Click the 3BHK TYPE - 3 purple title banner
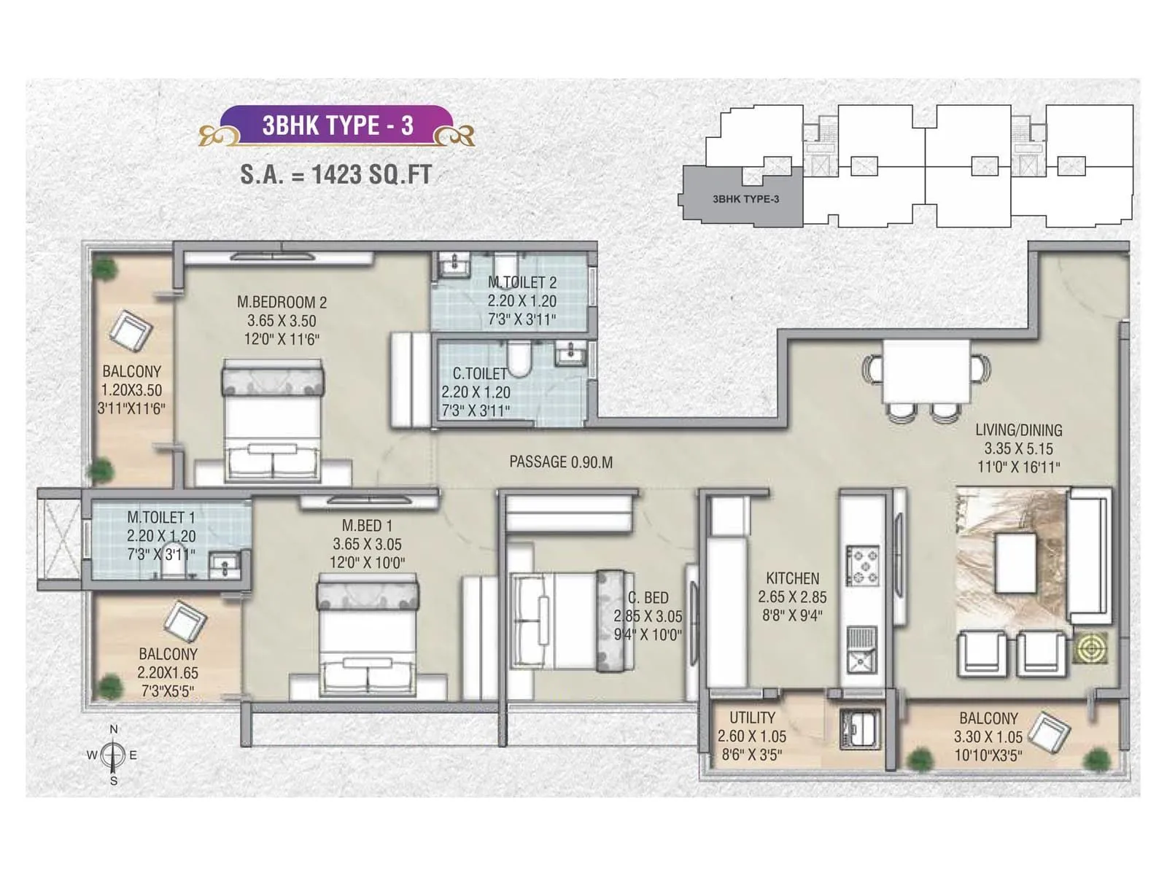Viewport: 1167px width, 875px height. coord(337,125)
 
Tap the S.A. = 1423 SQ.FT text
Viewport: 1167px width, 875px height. coord(336,174)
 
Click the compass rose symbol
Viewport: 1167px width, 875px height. coord(113,755)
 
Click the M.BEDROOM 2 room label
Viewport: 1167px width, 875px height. coord(282,302)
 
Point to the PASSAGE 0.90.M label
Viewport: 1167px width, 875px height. coord(560,462)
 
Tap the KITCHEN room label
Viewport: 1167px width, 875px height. coord(792,578)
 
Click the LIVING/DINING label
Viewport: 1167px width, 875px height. coord(1018,430)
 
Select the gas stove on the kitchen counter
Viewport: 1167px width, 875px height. coord(862,566)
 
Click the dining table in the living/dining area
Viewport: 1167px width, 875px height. coord(926,372)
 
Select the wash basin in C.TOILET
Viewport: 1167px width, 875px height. coord(568,355)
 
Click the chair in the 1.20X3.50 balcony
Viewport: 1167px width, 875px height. coord(131,330)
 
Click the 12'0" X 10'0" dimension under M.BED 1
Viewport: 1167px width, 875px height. coord(367,563)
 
